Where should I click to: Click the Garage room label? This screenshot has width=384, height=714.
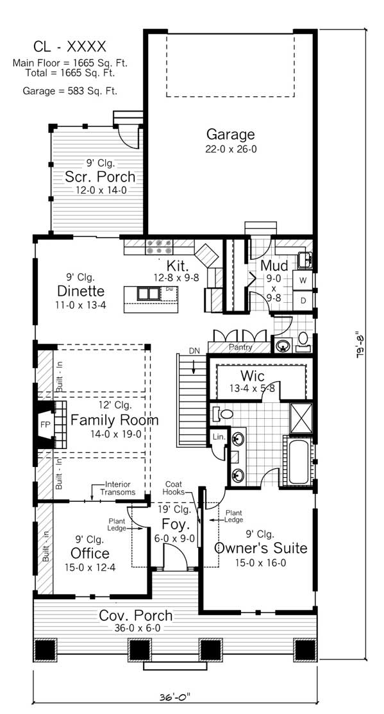(230, 135)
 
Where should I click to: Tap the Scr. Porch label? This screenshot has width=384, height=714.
(100, 176)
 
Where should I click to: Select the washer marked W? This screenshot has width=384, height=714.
(303, 281)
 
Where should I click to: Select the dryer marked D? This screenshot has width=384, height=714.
(303, 300)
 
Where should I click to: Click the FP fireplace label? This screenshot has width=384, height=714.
(46, 424)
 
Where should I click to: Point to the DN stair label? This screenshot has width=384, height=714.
(195, 351)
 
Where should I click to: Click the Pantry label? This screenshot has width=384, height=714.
(240, 347)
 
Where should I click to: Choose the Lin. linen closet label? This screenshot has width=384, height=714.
(217, 438)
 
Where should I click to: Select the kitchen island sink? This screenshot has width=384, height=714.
(149, 294)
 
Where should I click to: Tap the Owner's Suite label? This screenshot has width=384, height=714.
(260, 548)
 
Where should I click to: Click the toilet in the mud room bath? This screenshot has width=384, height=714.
(303, 339)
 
